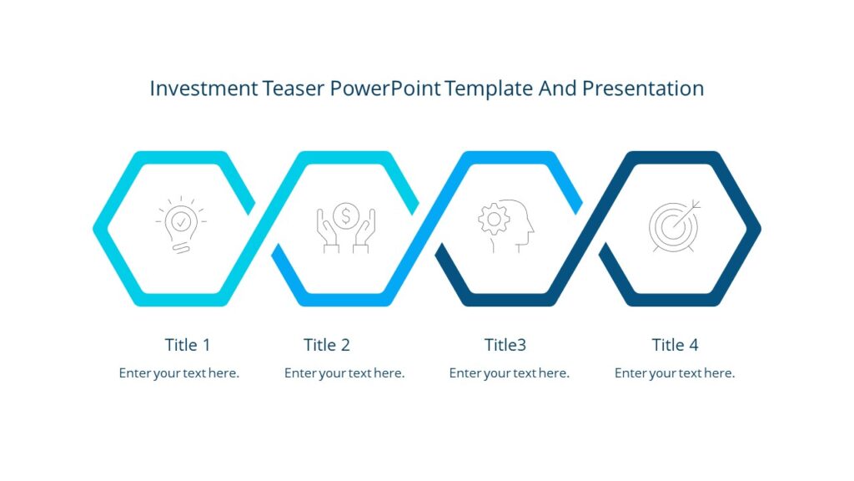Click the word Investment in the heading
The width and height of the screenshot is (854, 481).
(203, 88)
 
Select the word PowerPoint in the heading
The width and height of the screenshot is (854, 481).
(386, 88)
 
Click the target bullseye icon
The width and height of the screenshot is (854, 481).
(673, 225)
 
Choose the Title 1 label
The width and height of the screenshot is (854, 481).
(188, 345)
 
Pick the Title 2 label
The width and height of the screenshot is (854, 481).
(327, 345)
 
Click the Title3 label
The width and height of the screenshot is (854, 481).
(505, 345)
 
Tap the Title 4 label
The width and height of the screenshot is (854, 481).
(675, 345)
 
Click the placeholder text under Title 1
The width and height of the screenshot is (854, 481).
(179, 373)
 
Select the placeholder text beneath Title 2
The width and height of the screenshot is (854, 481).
(344, 373)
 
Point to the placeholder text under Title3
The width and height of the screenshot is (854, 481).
(509, 373)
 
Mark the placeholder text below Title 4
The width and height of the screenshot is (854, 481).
(675, 373)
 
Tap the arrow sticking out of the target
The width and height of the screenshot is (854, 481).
(692, 207)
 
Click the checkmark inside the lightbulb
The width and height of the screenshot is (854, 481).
(180, 221)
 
